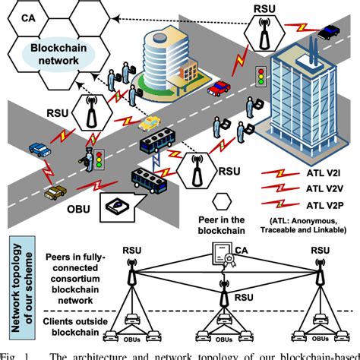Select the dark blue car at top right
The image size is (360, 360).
pos(331,32)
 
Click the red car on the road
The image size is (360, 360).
pos(219,89)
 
